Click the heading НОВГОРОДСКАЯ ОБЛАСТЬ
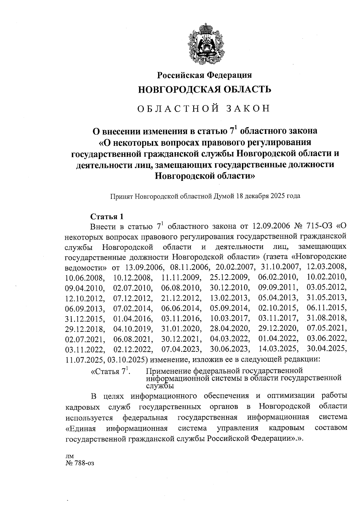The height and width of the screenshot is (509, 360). (x=204, y=89)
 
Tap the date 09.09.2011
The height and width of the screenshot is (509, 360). (x=278, y=287)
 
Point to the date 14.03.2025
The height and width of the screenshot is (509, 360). (x=278, y=349)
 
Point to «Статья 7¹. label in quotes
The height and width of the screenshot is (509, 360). (x=110, y=371)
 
